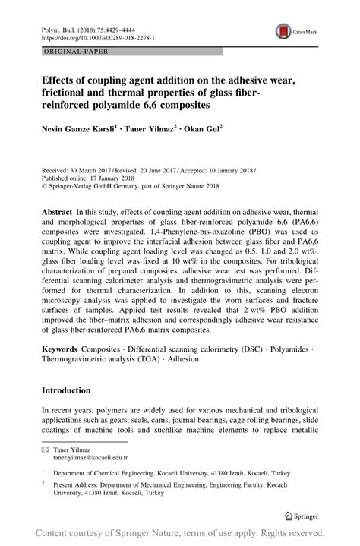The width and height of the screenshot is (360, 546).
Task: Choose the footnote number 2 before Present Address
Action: coord(43,482)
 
